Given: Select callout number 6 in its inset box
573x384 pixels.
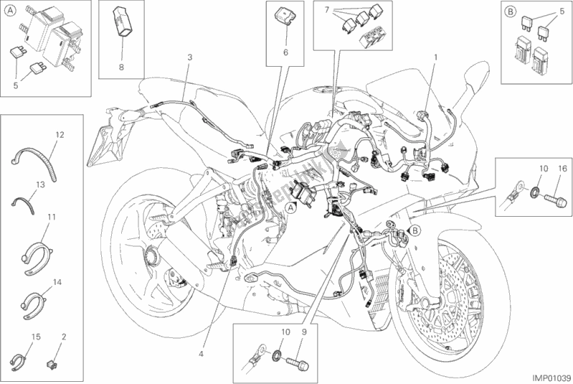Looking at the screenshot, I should [285, 52].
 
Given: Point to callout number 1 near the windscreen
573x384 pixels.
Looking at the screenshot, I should [435, 55].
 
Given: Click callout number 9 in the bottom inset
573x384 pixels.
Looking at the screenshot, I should [304, 332].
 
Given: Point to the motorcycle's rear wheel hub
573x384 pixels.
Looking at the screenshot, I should [153, 253].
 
